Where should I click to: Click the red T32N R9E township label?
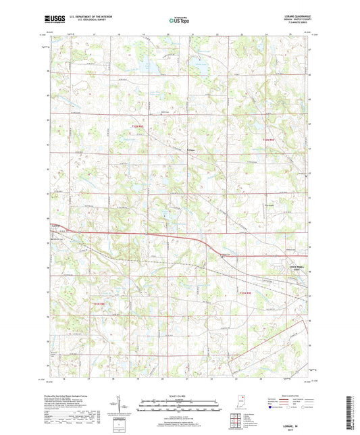(269, 140)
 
